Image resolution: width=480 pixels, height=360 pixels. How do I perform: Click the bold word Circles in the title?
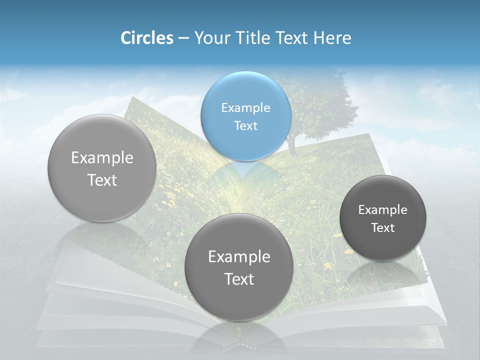(x=146, y=38)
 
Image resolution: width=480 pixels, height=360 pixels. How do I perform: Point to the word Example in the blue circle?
(x=245, y=107)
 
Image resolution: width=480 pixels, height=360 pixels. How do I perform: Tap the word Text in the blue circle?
(x=245, y=125)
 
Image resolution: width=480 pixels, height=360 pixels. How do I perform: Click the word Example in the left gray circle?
(x=102, y=158)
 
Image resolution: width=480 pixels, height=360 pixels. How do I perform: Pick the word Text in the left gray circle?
(x=102, y=180)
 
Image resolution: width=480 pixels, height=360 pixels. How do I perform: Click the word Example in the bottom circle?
(x=239, y=257)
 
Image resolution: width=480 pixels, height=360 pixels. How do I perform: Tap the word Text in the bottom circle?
(x=239, y=279)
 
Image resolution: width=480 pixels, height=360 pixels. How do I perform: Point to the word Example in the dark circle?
(x=383, y=210)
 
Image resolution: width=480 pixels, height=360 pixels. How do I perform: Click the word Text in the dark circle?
(x=383, y=228)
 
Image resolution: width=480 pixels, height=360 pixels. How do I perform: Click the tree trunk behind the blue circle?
(x=291, y=142)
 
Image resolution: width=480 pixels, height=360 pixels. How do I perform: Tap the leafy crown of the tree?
(x=320, y=100)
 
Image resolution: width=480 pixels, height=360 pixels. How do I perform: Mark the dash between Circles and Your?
(x=183, y=38)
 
